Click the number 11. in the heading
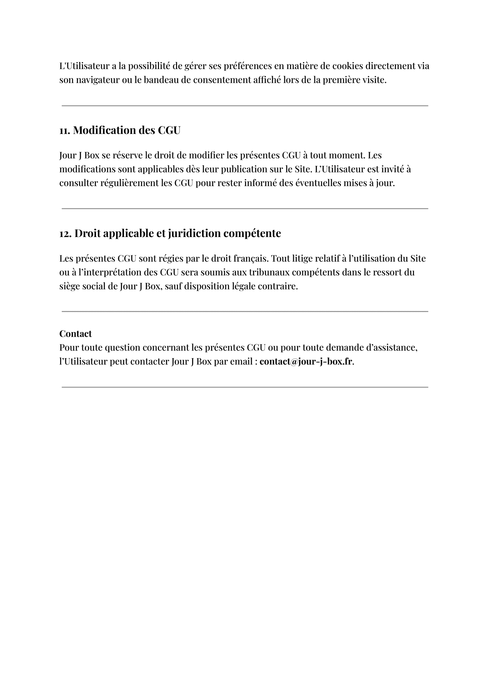(x=64, y=130)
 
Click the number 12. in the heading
(x=65, y=233)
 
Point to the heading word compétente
(x=252, y=233)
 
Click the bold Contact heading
(x=75, y=334)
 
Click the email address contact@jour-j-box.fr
(x=306, y=362)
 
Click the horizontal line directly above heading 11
(x=245, y=106)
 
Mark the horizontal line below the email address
(x=245, y=387)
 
